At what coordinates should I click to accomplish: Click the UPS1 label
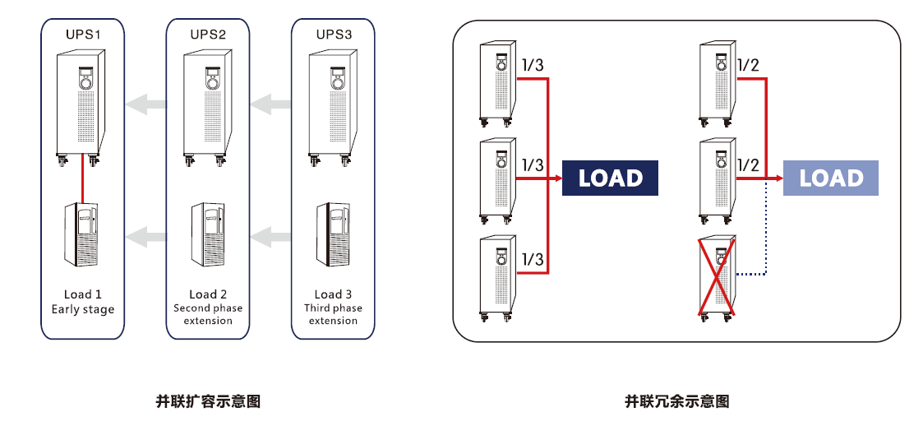83,35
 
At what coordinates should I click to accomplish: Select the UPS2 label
208,35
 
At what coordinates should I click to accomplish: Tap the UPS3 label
334,35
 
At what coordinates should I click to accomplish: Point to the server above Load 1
82,234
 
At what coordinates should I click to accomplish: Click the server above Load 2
208,234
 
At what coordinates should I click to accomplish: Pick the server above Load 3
334,234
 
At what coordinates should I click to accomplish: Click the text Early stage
83,309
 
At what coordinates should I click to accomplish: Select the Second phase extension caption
208,314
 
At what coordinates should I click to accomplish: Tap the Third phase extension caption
334,314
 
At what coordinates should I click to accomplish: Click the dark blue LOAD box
610,178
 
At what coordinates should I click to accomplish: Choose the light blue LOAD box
831,178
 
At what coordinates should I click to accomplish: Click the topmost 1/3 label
533,66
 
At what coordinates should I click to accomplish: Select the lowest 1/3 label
533,259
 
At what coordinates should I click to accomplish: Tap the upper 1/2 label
748,66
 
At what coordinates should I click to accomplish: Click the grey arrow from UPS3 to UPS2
271,104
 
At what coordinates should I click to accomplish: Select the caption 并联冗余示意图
676,401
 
